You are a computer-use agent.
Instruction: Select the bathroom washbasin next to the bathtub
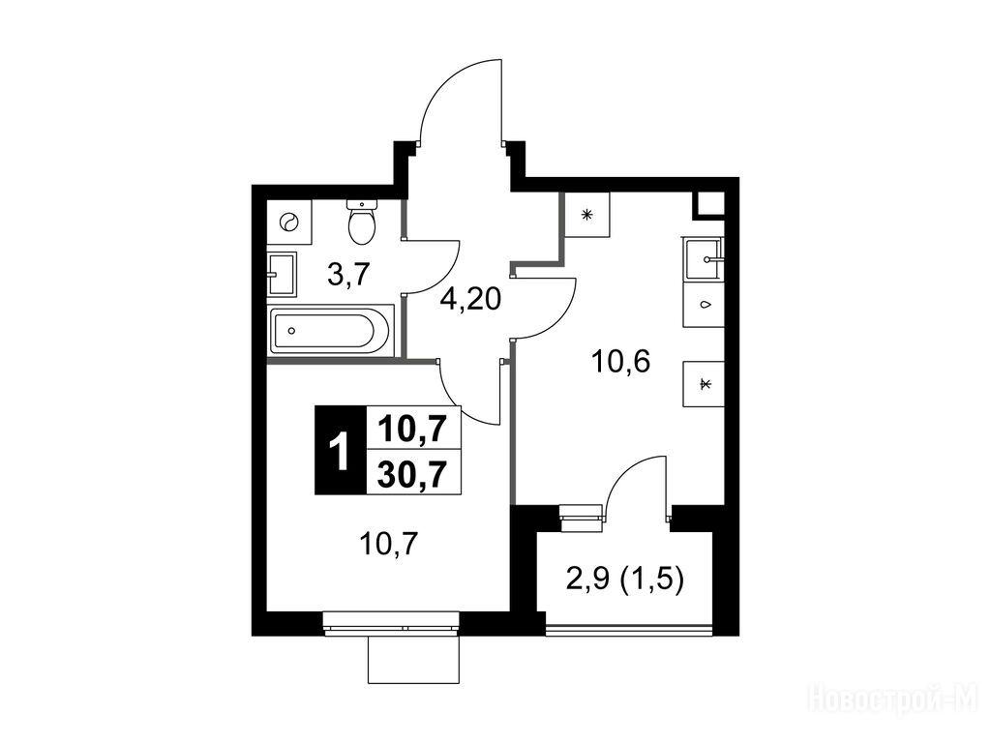coord(282,274)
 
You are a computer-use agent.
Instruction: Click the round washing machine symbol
coord(289,223)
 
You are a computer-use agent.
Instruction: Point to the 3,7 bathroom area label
coord(347,275)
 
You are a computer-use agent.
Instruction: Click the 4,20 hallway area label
coord(471,300)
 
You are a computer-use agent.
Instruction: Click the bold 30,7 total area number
coord(412,472)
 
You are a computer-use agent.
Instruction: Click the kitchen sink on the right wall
coord(703,258)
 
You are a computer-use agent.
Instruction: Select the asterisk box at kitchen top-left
coord(587,215)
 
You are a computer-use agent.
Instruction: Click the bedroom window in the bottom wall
coord(391,626)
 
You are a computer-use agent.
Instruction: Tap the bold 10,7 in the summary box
coord(412,430)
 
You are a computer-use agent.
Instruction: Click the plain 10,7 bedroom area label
coord(389,544)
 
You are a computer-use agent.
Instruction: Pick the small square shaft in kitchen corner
coord(709,205)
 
